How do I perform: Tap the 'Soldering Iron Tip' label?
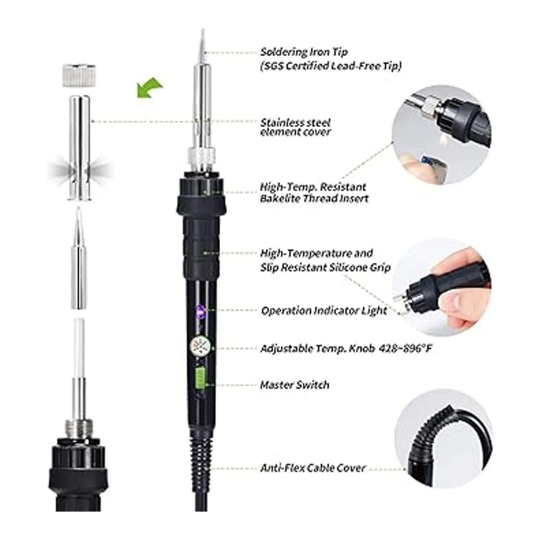point(304,52)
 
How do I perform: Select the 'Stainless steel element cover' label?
point(296,127)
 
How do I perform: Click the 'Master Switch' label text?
point(295,385)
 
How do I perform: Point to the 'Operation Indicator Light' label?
point(324,310)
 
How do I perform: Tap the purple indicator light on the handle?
point(200,310)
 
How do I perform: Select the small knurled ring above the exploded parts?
point(79,75)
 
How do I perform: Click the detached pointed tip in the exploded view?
point(79,257)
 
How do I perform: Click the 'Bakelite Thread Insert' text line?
point(314,199)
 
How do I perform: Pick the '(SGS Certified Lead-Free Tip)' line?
point(331,66)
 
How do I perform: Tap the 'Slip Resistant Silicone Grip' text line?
point(325,267)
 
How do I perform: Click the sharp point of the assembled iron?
point(203,29)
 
